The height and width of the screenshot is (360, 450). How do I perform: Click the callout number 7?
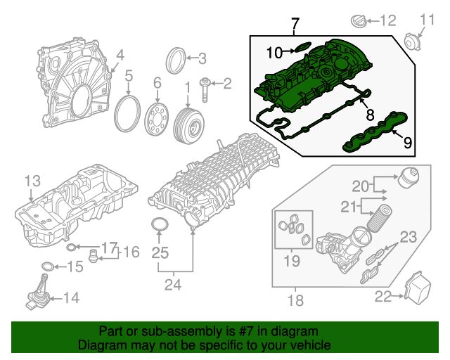tap(295, 25)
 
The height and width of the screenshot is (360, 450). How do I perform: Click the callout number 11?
tap(427, 19)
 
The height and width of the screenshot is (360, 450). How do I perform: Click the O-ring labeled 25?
tap(160, 226)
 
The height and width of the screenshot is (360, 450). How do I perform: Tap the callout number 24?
tap(172, 285)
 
